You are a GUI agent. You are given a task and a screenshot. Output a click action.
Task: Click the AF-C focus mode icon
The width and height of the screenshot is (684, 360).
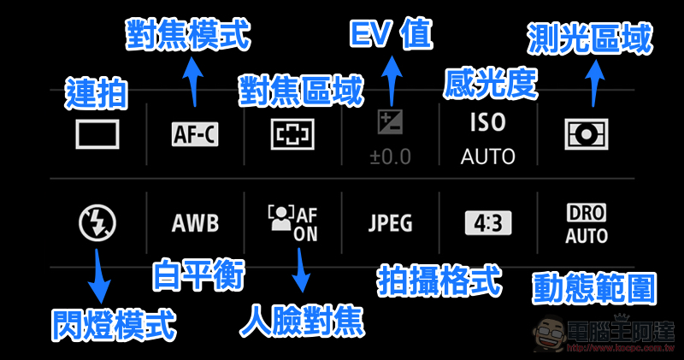(195, 134)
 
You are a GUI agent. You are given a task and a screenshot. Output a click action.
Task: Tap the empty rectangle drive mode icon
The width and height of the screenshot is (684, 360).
(97, 134)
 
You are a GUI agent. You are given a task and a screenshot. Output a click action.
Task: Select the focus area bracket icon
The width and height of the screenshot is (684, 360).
(293, 134)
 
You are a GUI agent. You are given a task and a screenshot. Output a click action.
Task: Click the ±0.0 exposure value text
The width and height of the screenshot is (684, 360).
(391, 157)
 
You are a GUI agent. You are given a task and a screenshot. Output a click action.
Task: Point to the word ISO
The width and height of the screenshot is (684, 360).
(488, 123)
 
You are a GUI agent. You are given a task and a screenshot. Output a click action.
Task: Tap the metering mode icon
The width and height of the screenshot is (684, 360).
(587, 134)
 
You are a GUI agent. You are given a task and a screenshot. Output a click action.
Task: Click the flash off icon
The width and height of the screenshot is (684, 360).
(97, 223)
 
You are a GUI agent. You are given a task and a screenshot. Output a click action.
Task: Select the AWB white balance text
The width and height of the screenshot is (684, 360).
(195, 224)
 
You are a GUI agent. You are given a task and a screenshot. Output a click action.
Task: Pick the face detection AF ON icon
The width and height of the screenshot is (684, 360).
(292, 223)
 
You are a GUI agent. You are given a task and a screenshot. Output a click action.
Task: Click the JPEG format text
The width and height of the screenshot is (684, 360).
(391, 224)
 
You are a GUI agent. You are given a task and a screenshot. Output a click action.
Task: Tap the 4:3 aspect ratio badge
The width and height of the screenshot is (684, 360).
(488, 224)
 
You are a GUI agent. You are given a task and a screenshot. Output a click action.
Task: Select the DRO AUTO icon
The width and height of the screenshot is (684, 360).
(587, 223)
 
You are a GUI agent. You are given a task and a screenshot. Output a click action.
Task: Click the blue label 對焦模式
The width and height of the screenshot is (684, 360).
(188, 36)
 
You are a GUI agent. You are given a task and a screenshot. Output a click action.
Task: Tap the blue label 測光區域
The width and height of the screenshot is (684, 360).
(590, 38)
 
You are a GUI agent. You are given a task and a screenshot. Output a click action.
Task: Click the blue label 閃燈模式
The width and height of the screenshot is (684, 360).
(113, 325)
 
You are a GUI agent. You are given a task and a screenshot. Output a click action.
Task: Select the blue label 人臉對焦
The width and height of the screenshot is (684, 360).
(301, 320)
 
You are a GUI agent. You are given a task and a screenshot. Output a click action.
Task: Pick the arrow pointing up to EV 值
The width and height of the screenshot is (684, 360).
(392, 78)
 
